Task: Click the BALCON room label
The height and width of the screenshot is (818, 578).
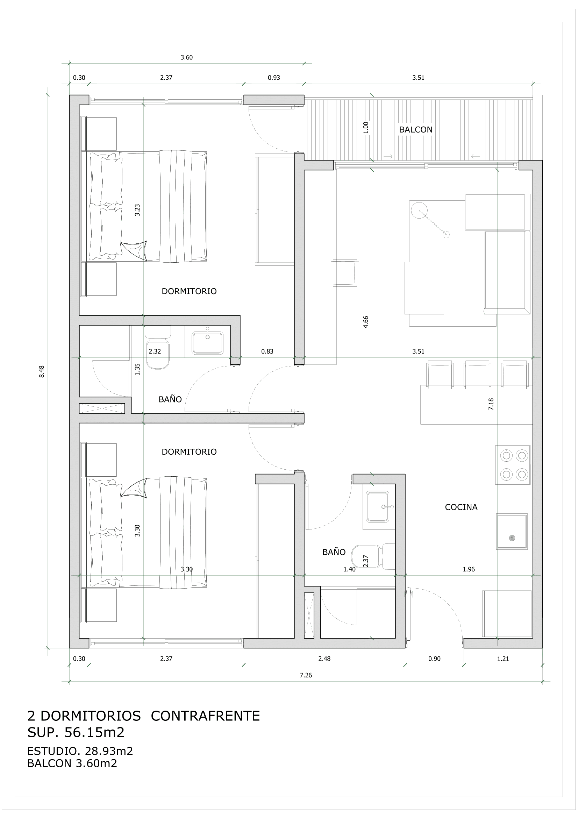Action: click(415, 130)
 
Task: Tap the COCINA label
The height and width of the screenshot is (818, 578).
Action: click(461, 507)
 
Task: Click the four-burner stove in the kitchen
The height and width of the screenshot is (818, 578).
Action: click(512, 465)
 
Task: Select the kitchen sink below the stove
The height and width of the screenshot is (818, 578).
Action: click(512, 531)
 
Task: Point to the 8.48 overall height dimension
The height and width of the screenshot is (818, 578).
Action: click(42, 371)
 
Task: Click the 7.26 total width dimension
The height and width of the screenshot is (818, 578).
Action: click(306, 675)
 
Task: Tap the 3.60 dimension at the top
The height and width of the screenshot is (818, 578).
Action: click(186, 57)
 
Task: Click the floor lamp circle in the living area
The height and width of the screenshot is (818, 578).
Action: click(419, 210)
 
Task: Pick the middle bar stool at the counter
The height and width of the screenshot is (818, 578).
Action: click(477, 374)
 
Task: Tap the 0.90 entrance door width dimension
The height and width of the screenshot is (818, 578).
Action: click(434, 659)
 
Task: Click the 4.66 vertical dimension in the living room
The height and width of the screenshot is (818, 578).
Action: click(366, 322)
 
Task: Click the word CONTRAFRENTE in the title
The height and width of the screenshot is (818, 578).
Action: click(205, 716)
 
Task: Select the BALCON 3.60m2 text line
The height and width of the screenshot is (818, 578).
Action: click(72, 763)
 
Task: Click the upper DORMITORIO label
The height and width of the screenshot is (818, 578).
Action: click(189, 291)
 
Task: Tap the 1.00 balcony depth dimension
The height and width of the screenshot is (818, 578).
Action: click(366, 128)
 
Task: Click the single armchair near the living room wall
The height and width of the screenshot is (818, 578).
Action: click(344, 272)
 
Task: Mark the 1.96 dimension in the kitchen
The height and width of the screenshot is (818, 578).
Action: click(468, 569)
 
